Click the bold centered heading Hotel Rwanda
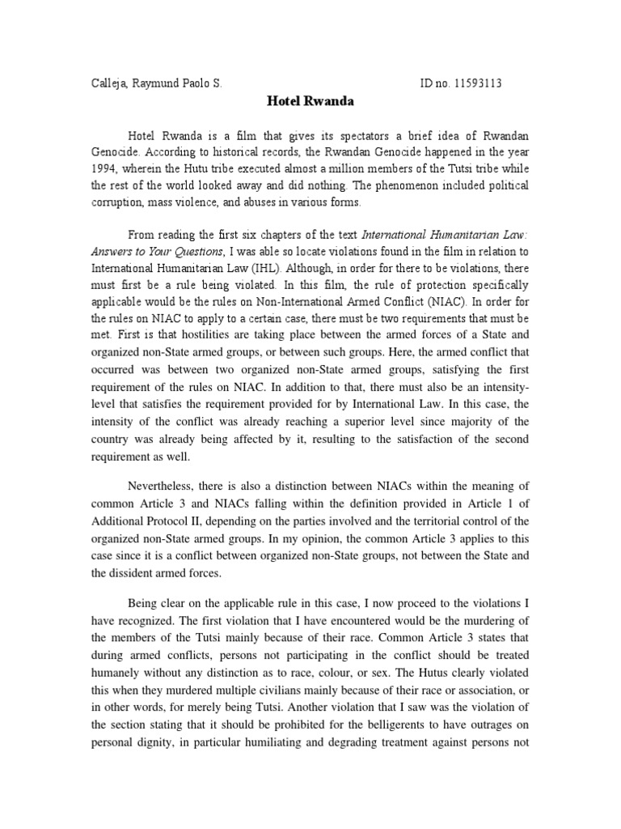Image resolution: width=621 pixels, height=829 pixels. pyautogui.click(x=310, y=103)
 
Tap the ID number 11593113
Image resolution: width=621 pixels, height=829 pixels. pyautogui.click(x=482, y=83)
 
